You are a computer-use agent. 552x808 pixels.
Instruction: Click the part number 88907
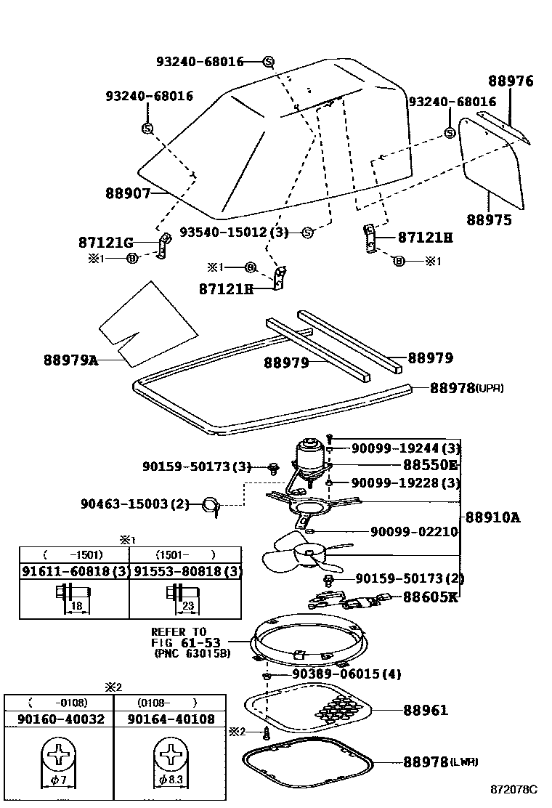tap(128, 194)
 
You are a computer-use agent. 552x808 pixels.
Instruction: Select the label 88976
tap(510, 81)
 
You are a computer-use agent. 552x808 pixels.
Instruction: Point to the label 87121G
tap(106, 242)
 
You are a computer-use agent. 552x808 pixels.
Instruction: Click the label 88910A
tap(493, 517)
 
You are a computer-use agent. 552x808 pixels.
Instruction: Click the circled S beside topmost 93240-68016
tap(267, 62)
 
